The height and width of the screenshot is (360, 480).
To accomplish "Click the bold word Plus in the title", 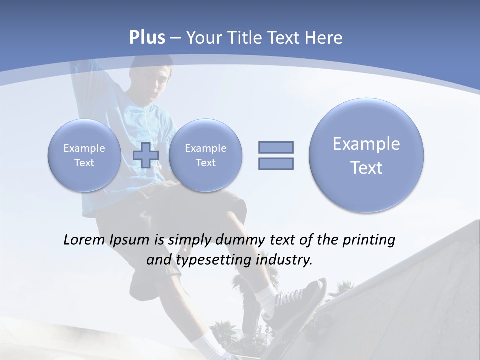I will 147,38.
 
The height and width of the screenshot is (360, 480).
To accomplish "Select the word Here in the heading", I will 324,38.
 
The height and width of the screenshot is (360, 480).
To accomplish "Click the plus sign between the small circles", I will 146,155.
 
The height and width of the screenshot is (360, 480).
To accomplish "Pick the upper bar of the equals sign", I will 276,147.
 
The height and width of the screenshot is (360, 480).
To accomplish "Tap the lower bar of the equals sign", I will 276,163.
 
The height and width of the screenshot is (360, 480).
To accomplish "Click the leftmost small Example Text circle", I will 84,155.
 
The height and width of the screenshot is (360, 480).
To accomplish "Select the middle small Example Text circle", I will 205,155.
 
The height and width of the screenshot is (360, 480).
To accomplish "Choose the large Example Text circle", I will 366,155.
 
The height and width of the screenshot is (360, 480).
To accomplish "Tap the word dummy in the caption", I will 236,240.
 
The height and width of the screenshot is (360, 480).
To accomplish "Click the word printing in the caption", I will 368,240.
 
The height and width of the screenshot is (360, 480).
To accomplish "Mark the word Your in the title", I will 203,38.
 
